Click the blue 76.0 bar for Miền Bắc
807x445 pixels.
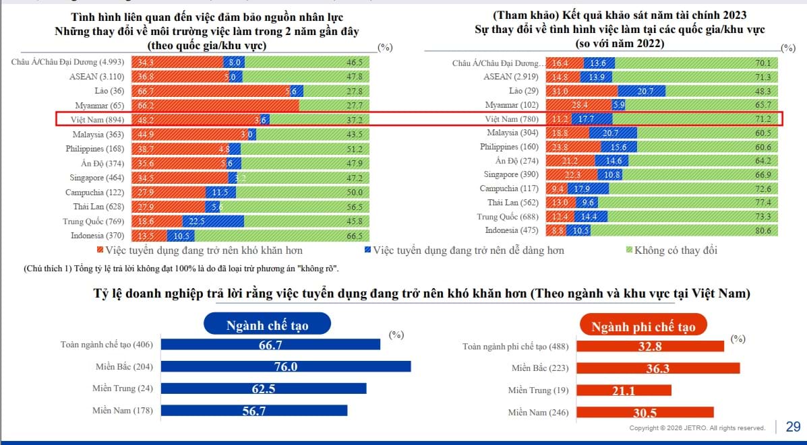[287, 366]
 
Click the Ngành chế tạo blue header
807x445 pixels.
[266, 326]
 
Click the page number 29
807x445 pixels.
[793, 426]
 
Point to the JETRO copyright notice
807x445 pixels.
[697, 428]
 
